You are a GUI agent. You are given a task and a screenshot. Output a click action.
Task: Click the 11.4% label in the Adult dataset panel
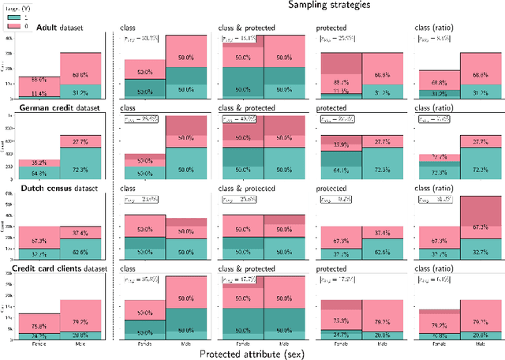pyautogui.click(x=39, y=93)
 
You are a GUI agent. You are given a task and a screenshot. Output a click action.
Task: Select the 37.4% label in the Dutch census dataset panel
pyautogui.click(x=80, y=233)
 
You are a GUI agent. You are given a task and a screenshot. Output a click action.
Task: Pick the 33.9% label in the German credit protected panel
pyautogui.click(x=342, y=144)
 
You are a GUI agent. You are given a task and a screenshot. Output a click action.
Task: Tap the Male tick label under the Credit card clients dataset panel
pyautogui.click(x=80, y=343)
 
